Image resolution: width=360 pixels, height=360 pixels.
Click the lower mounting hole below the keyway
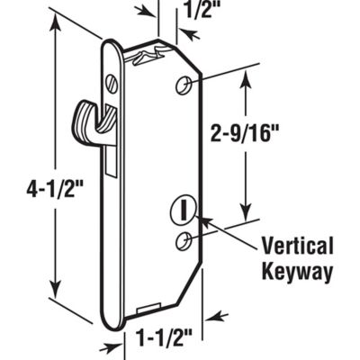[183, 239]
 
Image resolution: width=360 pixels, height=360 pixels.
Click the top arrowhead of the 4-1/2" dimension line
[59, 22]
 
